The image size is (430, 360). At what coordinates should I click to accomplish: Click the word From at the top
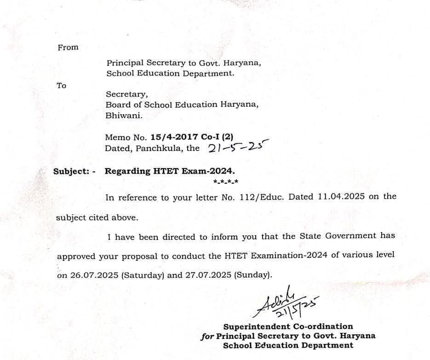click(68, 47)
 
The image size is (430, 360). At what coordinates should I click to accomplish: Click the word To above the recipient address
click(61, 86)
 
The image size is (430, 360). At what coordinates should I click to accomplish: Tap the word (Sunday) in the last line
click(253, 275)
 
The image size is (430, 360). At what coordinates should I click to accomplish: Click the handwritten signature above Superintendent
click(287, 304)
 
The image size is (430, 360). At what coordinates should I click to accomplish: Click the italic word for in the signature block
click(207, 336)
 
